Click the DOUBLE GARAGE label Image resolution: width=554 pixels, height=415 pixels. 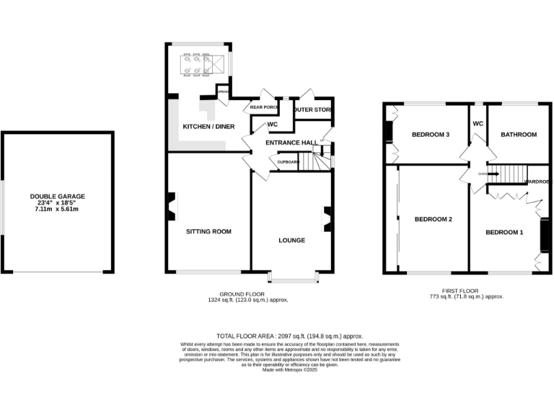(x=57, y=196)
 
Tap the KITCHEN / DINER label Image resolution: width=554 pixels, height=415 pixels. (x=208, y=127)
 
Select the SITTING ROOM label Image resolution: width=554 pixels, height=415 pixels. (x=208, y=231)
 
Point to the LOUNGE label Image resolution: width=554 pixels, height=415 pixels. (x=291, y=240)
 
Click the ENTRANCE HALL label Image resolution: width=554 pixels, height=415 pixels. (x=291, y=143)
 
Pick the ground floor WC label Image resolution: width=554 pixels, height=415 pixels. (x=273, y=125)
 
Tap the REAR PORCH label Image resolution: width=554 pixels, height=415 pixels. (x=264, y=107)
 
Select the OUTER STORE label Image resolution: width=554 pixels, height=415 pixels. (x=312, y=110)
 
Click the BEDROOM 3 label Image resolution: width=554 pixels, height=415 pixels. (x=431, y=135)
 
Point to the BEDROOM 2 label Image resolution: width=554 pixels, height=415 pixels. (x=433, y=219)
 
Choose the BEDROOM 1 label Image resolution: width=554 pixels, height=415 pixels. (x=504, y=232)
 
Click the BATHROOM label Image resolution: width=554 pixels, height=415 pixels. (x=519, y=135)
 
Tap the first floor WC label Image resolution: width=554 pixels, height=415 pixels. (x=478, y=123)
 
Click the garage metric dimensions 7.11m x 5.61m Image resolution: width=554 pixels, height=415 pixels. (x=57, y=210)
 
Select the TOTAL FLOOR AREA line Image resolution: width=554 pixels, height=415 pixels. (x=289, y=336)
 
